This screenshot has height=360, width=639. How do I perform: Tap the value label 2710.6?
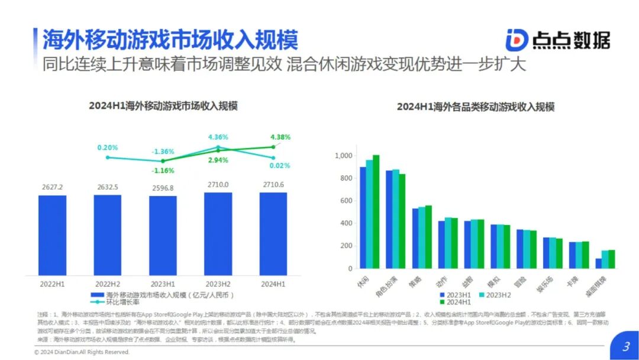point(273,185)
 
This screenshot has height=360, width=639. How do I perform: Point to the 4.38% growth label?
point(280,137)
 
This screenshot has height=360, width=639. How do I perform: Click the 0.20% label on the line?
point(108,147)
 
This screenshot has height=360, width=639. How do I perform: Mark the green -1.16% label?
point(163,171)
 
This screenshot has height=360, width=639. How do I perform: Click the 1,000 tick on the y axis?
point(343,156)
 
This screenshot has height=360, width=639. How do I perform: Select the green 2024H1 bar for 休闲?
point(376,211)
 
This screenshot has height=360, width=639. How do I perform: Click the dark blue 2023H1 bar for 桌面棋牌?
point(598,263)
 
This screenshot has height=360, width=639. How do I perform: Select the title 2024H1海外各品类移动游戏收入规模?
point(476,107)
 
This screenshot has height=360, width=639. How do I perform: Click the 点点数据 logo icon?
point(516,39)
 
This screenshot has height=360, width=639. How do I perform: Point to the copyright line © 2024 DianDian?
point(81,352)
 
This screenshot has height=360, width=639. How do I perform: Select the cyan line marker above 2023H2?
point(218,147)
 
